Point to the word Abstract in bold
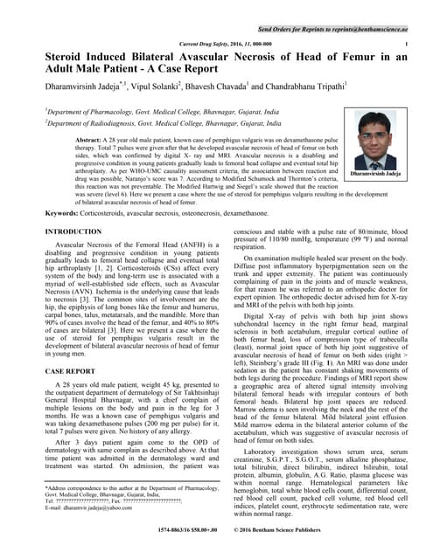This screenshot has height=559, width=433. (x=94, y=140)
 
